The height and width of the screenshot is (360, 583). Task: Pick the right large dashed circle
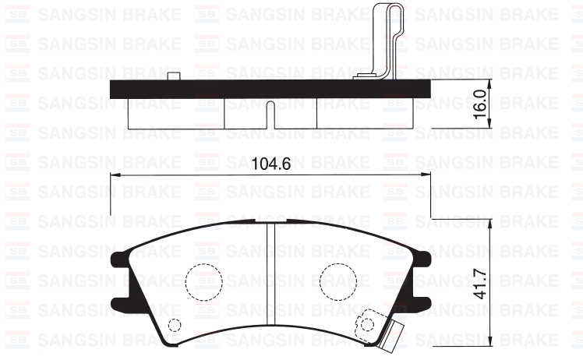pyautogui.click(x=336, y=280)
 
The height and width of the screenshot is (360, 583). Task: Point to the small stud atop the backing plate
pyautogui.click(x=174, y=76)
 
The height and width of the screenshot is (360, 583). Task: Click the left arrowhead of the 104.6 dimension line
pyautogui.click(x=115, y=175)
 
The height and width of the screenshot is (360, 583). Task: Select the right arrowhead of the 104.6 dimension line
pyautogui.click(x=426, y=175)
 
